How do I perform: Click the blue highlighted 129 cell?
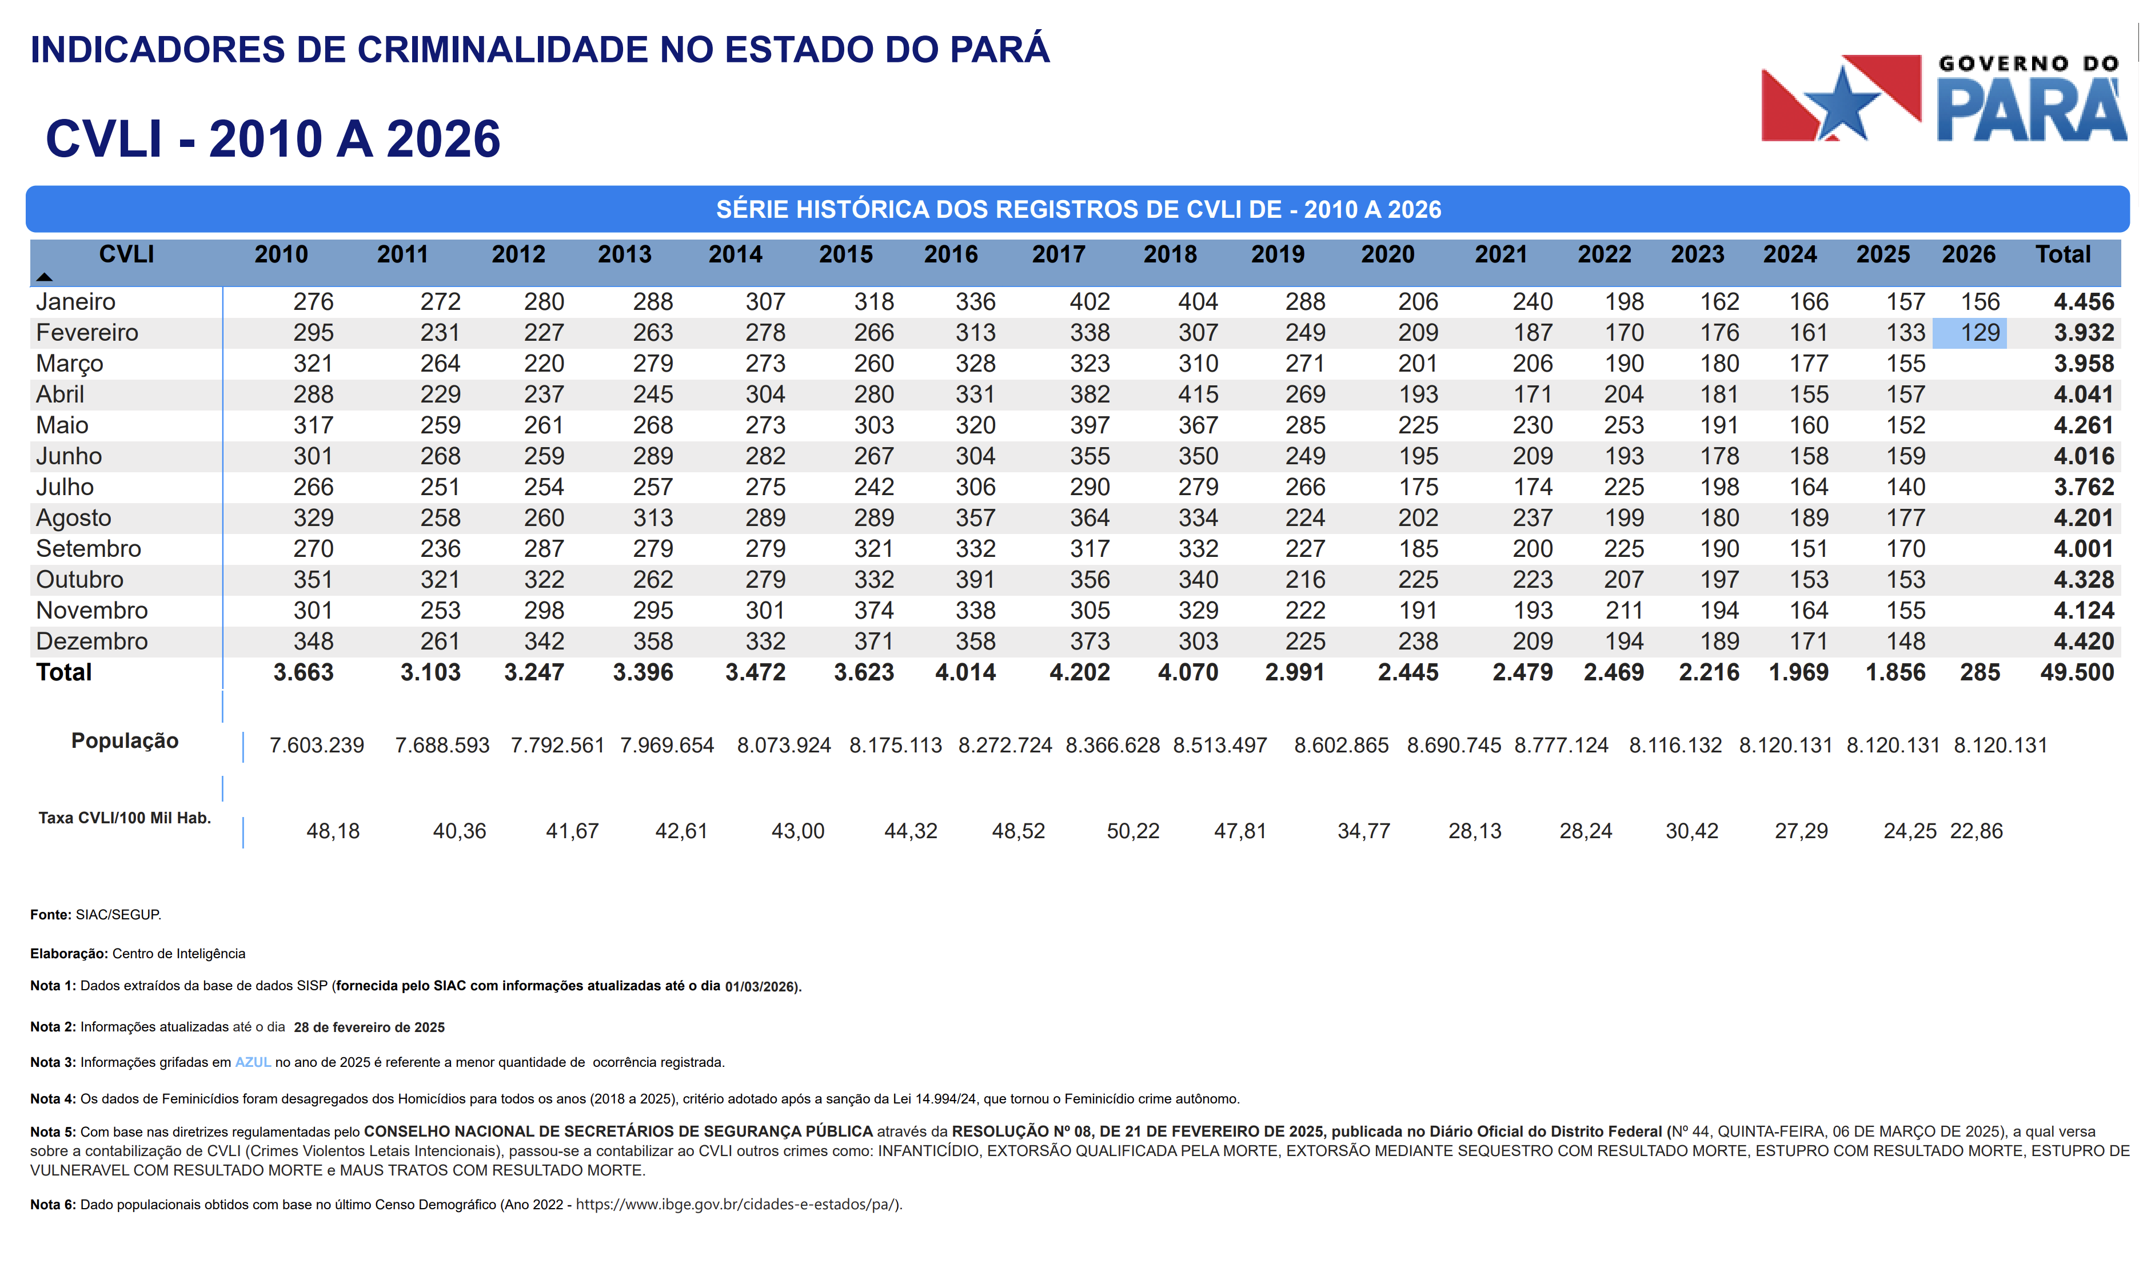(1969, 333)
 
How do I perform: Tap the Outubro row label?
(79, 580)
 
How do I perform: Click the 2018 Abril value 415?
(1198, 395)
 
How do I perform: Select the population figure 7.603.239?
(317, 745)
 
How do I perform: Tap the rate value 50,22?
(1132, 831)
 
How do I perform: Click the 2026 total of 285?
(1980, 672)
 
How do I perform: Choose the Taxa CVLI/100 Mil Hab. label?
(125, 818)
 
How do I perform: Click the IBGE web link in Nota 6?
(737, 1205)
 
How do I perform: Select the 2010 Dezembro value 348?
(313, 642)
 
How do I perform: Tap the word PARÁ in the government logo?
(2030, 110)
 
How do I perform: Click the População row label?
(125, 741)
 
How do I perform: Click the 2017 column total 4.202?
(1079, 672)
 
